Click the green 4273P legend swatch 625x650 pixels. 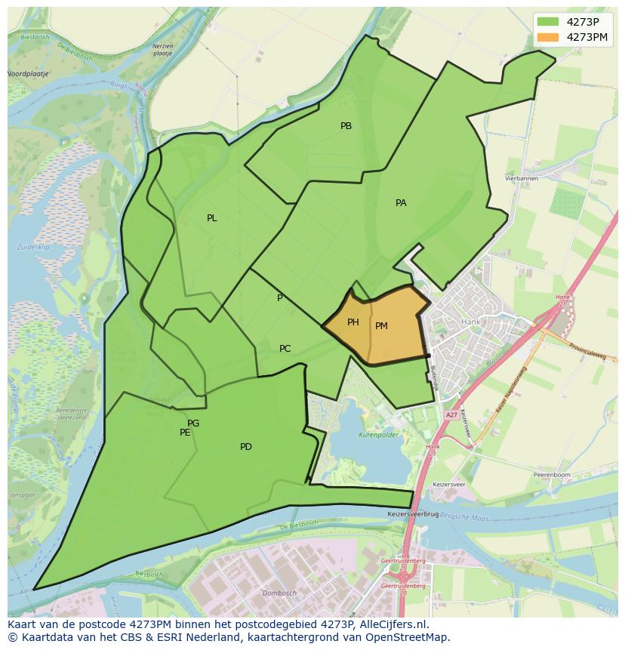click(548, 22)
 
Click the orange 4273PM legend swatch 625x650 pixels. click(548, 37)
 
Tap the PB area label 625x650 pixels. click(346, 126)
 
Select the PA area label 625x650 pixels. click(401, 203)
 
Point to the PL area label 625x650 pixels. click(212, 218)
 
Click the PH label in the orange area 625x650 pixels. click(353, 322)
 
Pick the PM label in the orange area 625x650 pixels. click(381, 326)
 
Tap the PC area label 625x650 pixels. click(285, 349)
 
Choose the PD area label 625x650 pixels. click(246, 447)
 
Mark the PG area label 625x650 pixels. click(193, 424)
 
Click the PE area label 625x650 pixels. click(185, 433)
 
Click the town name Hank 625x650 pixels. click(470, 322)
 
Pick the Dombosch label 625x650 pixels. click(279, 593)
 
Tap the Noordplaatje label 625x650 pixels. click(27, 74)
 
